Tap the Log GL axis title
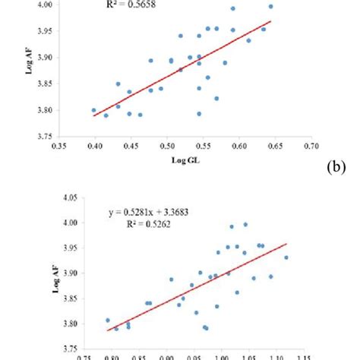pos(180,161)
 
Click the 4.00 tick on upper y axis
pos(44,5)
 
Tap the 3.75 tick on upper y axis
pos(44,137)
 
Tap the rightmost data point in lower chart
pos(286,257)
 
